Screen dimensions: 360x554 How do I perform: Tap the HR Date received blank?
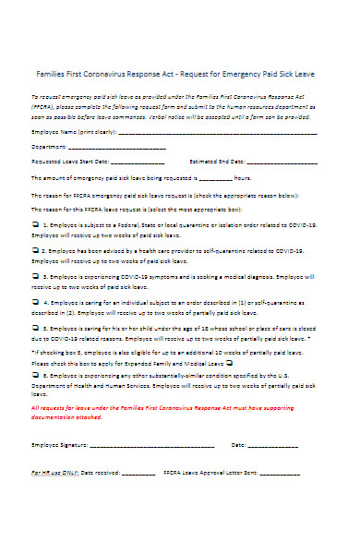[138, 473]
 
